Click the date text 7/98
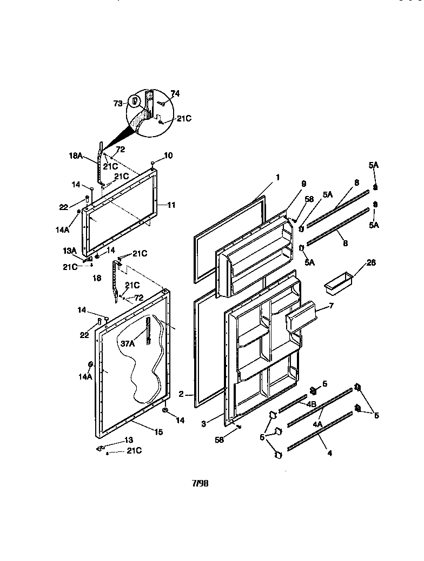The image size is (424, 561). coord(200,483)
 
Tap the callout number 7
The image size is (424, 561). coord(331,306)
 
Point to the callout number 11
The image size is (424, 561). coord(171,205)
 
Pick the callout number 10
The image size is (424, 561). coord(168,156)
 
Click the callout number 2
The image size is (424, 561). coord(182,394)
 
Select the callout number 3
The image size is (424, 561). coord(203,424)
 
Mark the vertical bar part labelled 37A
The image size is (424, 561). coord(147,334)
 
